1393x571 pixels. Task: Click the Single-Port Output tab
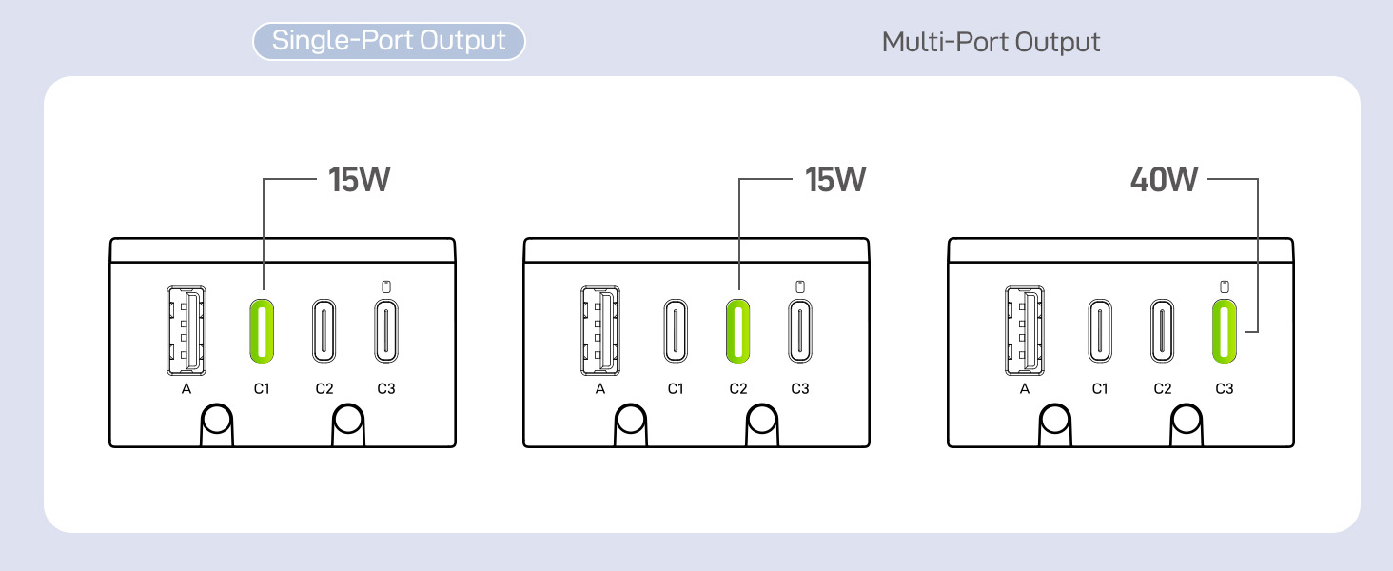point(388,41)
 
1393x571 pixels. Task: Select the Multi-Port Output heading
point(991,42)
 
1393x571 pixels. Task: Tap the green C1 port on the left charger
point(262,331)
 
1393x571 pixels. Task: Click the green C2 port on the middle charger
point(738,331)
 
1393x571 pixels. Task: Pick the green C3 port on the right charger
point(1225,331)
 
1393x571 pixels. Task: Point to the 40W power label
point(1164,180)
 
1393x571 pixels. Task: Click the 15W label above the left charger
point(360,180)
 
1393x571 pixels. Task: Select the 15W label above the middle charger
point(835,180)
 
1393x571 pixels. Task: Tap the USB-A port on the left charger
point(186,331)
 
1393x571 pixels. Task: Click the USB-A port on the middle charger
point(600,331)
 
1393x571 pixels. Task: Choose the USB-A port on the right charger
point(1024,331)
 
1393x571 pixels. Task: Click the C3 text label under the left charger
point(386,388)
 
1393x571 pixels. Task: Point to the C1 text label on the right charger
point(1100,388)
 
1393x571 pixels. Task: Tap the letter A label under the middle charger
point(600,388)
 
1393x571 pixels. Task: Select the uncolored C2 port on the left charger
point(324,331)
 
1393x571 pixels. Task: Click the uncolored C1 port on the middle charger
point(676,331)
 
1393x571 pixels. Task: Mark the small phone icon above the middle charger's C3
point(800,286)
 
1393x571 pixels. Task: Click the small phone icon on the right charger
point(1225,286)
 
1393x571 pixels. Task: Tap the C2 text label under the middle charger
point(738,388)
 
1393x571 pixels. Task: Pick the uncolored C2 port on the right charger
point(1163,331)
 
